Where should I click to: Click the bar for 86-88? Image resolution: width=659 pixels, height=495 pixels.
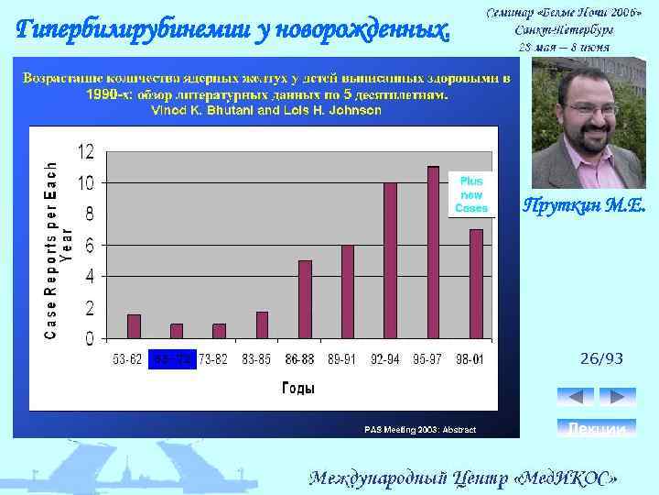306,300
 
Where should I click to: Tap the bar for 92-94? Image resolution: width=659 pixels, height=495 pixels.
390,260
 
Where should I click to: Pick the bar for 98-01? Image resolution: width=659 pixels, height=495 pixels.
476,283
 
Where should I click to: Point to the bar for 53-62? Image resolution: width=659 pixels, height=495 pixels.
134,326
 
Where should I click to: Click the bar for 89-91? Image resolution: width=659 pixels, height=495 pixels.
348,291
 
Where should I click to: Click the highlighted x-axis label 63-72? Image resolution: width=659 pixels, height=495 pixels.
173,358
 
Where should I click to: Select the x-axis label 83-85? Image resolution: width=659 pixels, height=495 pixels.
255,358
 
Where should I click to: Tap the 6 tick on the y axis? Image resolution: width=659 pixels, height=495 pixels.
89,245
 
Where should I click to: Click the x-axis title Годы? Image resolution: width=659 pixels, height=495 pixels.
298,388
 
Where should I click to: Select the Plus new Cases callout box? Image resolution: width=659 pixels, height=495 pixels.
471,194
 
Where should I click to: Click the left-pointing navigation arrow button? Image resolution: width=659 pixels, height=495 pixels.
575,397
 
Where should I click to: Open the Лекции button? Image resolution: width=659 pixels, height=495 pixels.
596,428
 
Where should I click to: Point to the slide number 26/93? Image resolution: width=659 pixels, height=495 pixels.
600,359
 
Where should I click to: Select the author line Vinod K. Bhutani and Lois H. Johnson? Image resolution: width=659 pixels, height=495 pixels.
265,110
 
